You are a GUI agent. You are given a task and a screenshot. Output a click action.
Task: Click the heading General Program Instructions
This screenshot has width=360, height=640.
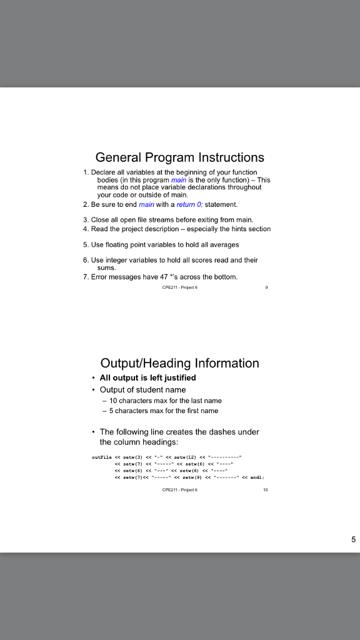click(x=180, y=157)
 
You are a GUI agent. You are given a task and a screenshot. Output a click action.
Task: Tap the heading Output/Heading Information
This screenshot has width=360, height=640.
click(x=180, y=363)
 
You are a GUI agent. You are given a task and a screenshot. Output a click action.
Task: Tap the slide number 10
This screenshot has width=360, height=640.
click(x=266, y=490)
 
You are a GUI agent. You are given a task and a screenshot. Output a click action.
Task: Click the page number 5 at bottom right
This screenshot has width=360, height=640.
click(x=353, y=539)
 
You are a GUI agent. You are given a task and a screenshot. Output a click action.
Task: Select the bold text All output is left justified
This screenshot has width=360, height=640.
click(x=147, y=377)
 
